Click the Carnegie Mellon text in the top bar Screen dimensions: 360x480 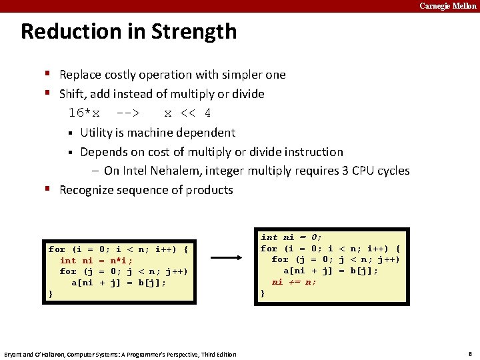tap(447, 6)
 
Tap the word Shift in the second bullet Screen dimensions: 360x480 tap(73, 94)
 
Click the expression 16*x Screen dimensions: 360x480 tap(84, 113)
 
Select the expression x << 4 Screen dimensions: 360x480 tap(187, 113)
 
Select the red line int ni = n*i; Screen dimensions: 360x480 tap(96, 261)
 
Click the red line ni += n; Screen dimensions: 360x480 tap(294, 282)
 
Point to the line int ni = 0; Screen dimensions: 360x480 tap(291, 237)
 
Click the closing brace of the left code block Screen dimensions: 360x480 tap(51, 293)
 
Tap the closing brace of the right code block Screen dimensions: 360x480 tap(263, 293)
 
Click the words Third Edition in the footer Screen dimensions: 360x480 tap(217, 354)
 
